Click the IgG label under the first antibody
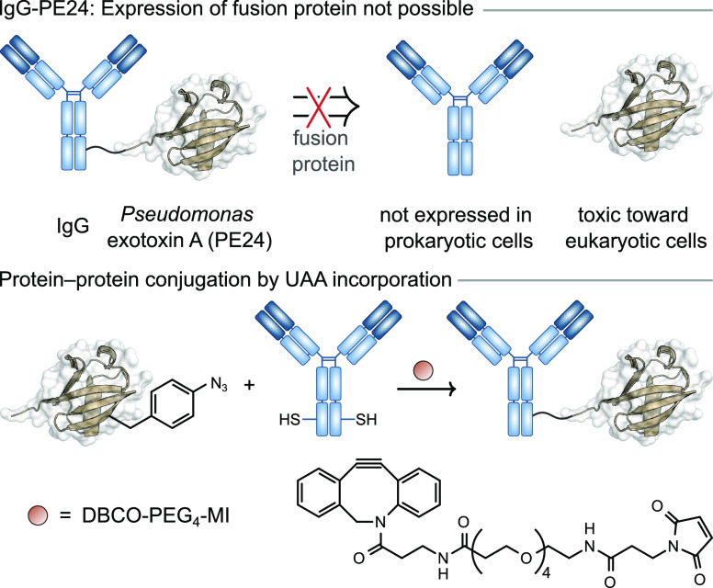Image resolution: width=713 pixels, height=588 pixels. pyautogui.click(x=71, y=221)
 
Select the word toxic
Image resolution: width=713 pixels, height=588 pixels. pyautogui.click(x=587, y=221)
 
